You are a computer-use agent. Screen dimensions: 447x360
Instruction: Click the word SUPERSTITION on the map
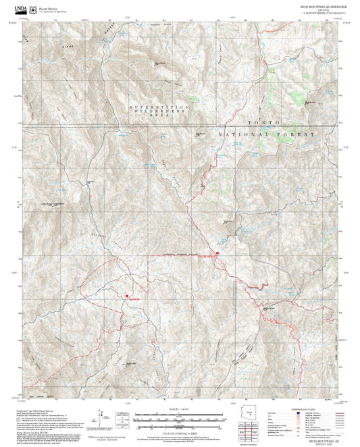tap(159, 107)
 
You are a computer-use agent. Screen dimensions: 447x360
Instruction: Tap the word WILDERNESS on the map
tap(159, 112)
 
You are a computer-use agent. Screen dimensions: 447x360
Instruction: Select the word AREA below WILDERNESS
tap(159, 117)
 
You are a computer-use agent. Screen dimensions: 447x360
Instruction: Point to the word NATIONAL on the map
tap(242, 135)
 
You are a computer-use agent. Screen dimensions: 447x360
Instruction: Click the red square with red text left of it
tap(216, 255)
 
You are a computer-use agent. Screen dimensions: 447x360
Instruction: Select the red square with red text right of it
tap(126, 294)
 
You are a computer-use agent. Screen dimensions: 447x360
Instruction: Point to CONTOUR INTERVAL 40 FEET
tap(180, 433)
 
